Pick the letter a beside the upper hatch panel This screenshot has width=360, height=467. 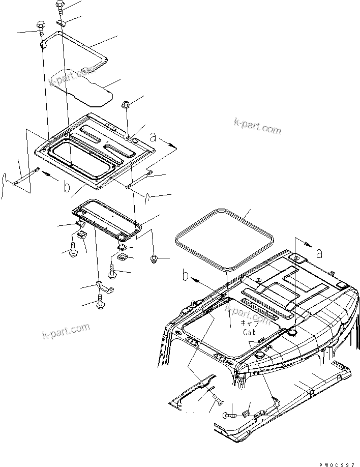tap(153, 136)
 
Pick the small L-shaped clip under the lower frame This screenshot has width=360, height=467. tap(102, 287)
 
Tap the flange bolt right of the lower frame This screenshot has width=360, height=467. tap(154, 260)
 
